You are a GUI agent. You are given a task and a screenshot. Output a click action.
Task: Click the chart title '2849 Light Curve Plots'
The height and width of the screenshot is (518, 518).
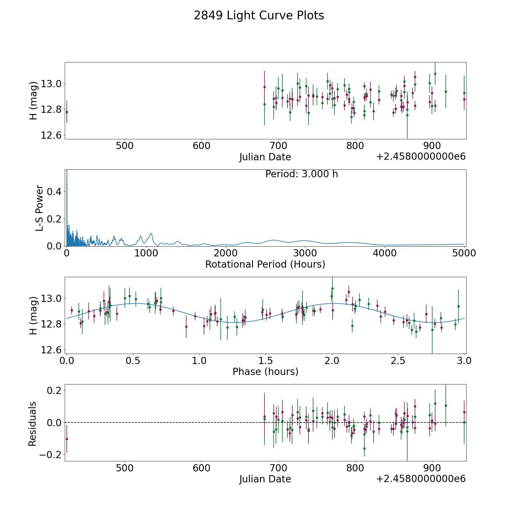coord(259,16)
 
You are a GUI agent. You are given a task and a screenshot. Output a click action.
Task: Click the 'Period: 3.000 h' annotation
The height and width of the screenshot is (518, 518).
coord(301,174)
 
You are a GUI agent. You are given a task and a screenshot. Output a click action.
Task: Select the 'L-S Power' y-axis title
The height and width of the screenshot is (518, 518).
coord(39,208)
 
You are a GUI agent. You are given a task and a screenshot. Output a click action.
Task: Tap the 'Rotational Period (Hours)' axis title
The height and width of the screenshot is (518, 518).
coord(265,264)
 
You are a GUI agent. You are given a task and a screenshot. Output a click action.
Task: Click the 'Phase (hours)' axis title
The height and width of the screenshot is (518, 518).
coord(265,372)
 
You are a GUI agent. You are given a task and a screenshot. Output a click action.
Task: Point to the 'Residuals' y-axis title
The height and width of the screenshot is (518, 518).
coord(33,424)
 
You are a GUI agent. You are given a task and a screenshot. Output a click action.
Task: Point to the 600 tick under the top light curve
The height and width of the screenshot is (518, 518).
coord(201,146)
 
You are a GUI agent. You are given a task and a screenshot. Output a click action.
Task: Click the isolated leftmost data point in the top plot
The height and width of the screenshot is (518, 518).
coord(67,112)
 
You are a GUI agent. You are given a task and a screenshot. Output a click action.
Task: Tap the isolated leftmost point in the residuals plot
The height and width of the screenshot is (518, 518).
coord(67,439)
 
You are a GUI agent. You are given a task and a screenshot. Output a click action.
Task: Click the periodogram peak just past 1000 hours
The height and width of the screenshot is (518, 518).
coord(151,234)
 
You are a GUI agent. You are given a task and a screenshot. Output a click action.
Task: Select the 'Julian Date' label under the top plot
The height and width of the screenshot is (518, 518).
coord(265,157)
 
